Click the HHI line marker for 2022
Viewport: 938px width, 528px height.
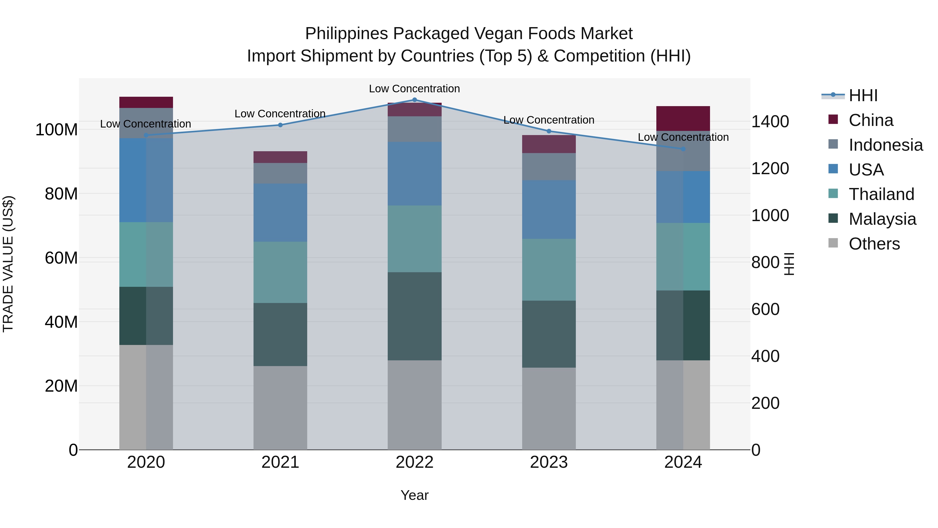[414, 100]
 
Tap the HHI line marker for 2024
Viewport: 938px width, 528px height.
[683, 149]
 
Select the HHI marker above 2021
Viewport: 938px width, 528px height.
[280, 125]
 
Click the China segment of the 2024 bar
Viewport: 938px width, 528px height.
[683, 118]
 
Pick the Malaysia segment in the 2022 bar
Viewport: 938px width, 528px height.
[414, 316]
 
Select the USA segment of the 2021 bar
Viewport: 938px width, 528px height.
[280, 213]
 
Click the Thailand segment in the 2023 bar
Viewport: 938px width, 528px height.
[549, 270]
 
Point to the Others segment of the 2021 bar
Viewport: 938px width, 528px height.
[280, 408]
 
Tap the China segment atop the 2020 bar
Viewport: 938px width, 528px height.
[146, 102]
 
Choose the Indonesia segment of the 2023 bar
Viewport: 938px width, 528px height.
[549, 167]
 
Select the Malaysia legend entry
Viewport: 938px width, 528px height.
[882, 219]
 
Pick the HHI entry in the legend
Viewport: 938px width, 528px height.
[863, 95]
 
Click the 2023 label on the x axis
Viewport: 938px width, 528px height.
[549, 462]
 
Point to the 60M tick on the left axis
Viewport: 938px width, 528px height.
[61, 258]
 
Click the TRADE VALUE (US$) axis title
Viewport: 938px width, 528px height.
[8, 264]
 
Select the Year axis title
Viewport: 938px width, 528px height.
[414, 495]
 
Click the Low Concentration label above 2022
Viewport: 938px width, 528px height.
[414, 89]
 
